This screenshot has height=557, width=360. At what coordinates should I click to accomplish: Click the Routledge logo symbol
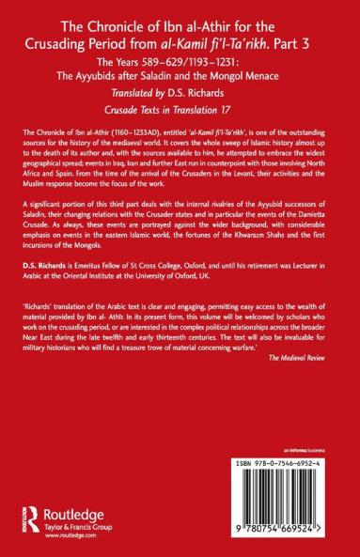coord(28,516)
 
